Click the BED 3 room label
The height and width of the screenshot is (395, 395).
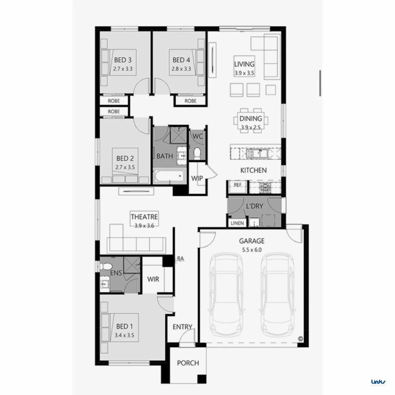pyautogui.click(x=123, y=60)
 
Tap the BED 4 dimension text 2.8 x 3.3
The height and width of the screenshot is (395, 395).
pyautogui.click(x=181, y=68)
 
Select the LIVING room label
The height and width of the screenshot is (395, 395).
pyautogui.click(x=244, y=64)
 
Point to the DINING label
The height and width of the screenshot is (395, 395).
pyautogui.click(x=251, y=118)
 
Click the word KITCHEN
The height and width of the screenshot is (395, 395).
pyautogui.click(x=253, y=170)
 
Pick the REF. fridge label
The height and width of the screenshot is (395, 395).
pyautogui.click(x=238, y=185)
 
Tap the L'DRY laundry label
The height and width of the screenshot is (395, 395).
pyautogui.click(x=255, y=206)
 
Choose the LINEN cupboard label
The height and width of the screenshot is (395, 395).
pyautogui.click(x=237, y=223)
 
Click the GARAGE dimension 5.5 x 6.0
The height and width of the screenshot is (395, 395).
pyautogui.click(x=252, y=250)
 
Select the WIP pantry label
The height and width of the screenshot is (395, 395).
pyautogui.click(x=197, y=178)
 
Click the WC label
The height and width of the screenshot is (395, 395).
pyautogui.click(x=198, y=136)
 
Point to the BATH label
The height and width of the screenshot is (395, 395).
pyautogui.click(x=165, y=156)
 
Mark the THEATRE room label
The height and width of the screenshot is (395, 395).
pyautogui.click(x=144, y=217)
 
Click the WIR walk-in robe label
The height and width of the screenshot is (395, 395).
pyautogui.click(x=153, y=279)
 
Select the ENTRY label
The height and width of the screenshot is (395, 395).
pyautogui.click(x=183, y=327)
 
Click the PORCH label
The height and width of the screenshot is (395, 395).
pyautogui.click(x=188, y=363)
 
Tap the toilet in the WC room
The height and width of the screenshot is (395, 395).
pyautogui.click(x=197, y=153)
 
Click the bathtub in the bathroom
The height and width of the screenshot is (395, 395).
pyautogui.click(x=169, y=177)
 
